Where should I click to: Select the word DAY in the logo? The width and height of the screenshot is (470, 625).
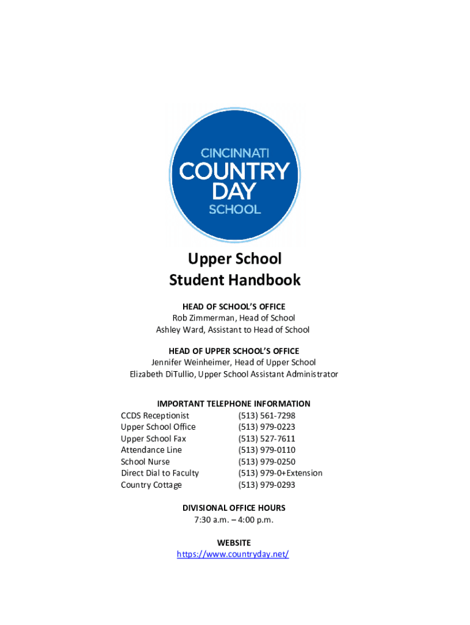tap(234, 192)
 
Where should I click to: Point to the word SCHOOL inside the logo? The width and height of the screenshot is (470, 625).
tap(235, 209)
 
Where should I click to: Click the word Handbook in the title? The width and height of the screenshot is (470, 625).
tap(266, 280)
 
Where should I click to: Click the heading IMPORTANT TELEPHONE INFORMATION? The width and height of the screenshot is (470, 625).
tap(234, 404)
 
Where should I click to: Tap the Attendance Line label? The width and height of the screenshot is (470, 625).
tap(151, 450)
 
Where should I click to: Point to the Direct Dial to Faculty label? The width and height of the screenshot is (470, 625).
tap(160, 473)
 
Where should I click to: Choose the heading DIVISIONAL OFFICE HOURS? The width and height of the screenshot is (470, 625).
tap(234, 508)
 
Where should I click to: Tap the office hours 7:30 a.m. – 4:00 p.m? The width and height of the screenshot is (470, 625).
tap(234, 520)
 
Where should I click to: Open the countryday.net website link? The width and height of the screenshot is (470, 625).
tap(233, 554)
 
